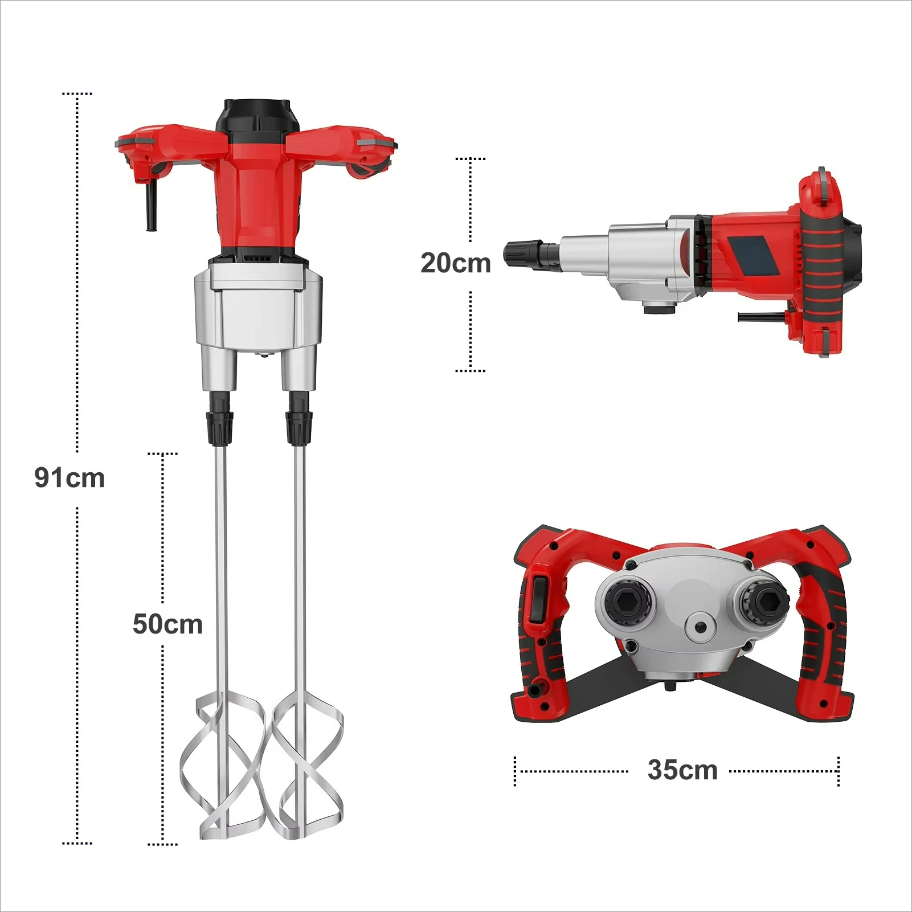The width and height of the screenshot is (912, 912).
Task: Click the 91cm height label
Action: tap(69, 477)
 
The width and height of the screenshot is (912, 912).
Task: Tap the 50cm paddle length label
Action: tap(167, 624)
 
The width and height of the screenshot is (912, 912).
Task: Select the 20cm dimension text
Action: tap(455, 263)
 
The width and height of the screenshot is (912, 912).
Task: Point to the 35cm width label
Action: tap(682, 770)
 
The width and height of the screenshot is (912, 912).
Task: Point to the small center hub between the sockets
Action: tap(700, 627)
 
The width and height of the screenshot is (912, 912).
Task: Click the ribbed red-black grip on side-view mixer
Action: tap(824, 268)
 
